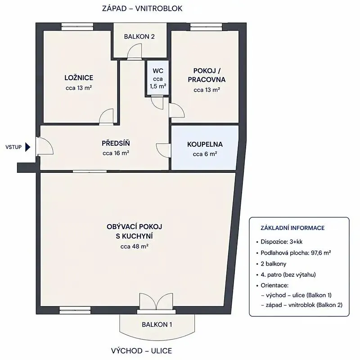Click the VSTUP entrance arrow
(27, 147)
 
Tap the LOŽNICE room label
(79, 78)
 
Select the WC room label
(158, 71)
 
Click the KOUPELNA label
(205, 144)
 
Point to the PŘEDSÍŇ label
(116, 143)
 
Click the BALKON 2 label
(139, 36)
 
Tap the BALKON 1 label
(157, 324)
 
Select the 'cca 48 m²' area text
(134, 247)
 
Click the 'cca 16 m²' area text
(116, 153)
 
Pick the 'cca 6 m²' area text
(205, 154)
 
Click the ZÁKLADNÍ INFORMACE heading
(292, 228)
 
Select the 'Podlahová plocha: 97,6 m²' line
(296, 253)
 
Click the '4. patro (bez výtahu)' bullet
(288, 274)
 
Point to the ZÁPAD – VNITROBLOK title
(142, 9)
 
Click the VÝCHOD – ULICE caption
(141, 351)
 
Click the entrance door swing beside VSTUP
(45, 146)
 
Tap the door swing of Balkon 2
(134, 51)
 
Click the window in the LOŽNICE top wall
(77, 27)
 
